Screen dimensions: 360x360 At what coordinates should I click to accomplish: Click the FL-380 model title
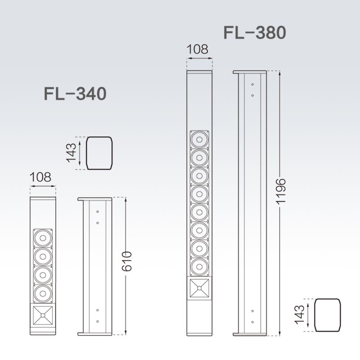coord(255,33)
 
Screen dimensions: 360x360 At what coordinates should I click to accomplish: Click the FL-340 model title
coord(75,94)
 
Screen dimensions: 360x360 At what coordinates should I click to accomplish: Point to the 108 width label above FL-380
coord(198,49)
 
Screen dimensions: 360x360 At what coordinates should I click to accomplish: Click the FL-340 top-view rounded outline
coord(99,153)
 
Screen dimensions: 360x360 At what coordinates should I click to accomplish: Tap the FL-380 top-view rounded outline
coord(327,315)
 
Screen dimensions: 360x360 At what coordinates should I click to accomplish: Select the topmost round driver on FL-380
coord(199,140)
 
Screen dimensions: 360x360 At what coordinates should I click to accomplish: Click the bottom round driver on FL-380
coord(199,267)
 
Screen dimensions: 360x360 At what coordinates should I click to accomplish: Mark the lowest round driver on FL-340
coord(43,294)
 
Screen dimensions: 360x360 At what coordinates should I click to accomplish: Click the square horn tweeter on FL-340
coord(43,315)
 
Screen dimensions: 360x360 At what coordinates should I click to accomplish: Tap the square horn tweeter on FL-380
coord(199,288)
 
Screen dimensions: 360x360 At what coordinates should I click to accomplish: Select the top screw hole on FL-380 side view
coord(252,85)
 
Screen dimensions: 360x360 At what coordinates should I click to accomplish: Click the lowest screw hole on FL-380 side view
coord(252,322)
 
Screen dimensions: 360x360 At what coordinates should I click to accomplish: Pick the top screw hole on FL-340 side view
coord(98,211)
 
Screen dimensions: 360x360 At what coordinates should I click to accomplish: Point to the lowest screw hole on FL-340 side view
coord(98,321)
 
